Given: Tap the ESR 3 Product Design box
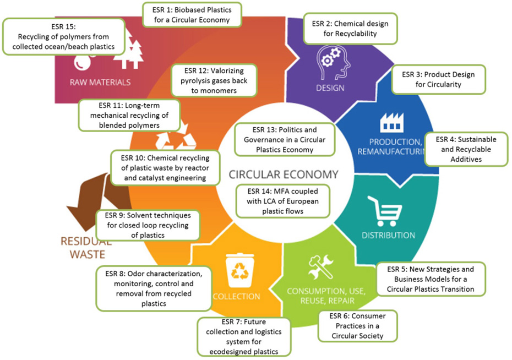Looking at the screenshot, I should pos(438,79).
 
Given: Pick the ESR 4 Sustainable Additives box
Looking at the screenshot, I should pos(467,149).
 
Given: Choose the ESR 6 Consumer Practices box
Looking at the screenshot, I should pos(356,325).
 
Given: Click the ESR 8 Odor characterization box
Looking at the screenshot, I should pos(154,288).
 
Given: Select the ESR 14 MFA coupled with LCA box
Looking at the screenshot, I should pos(284,201).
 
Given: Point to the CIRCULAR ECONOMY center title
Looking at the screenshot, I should pos(283,175).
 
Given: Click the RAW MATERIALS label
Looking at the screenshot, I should pos(100,82).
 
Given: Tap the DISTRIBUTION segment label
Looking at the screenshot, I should pos(388,235).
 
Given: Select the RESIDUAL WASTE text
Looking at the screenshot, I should pos(82,247).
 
